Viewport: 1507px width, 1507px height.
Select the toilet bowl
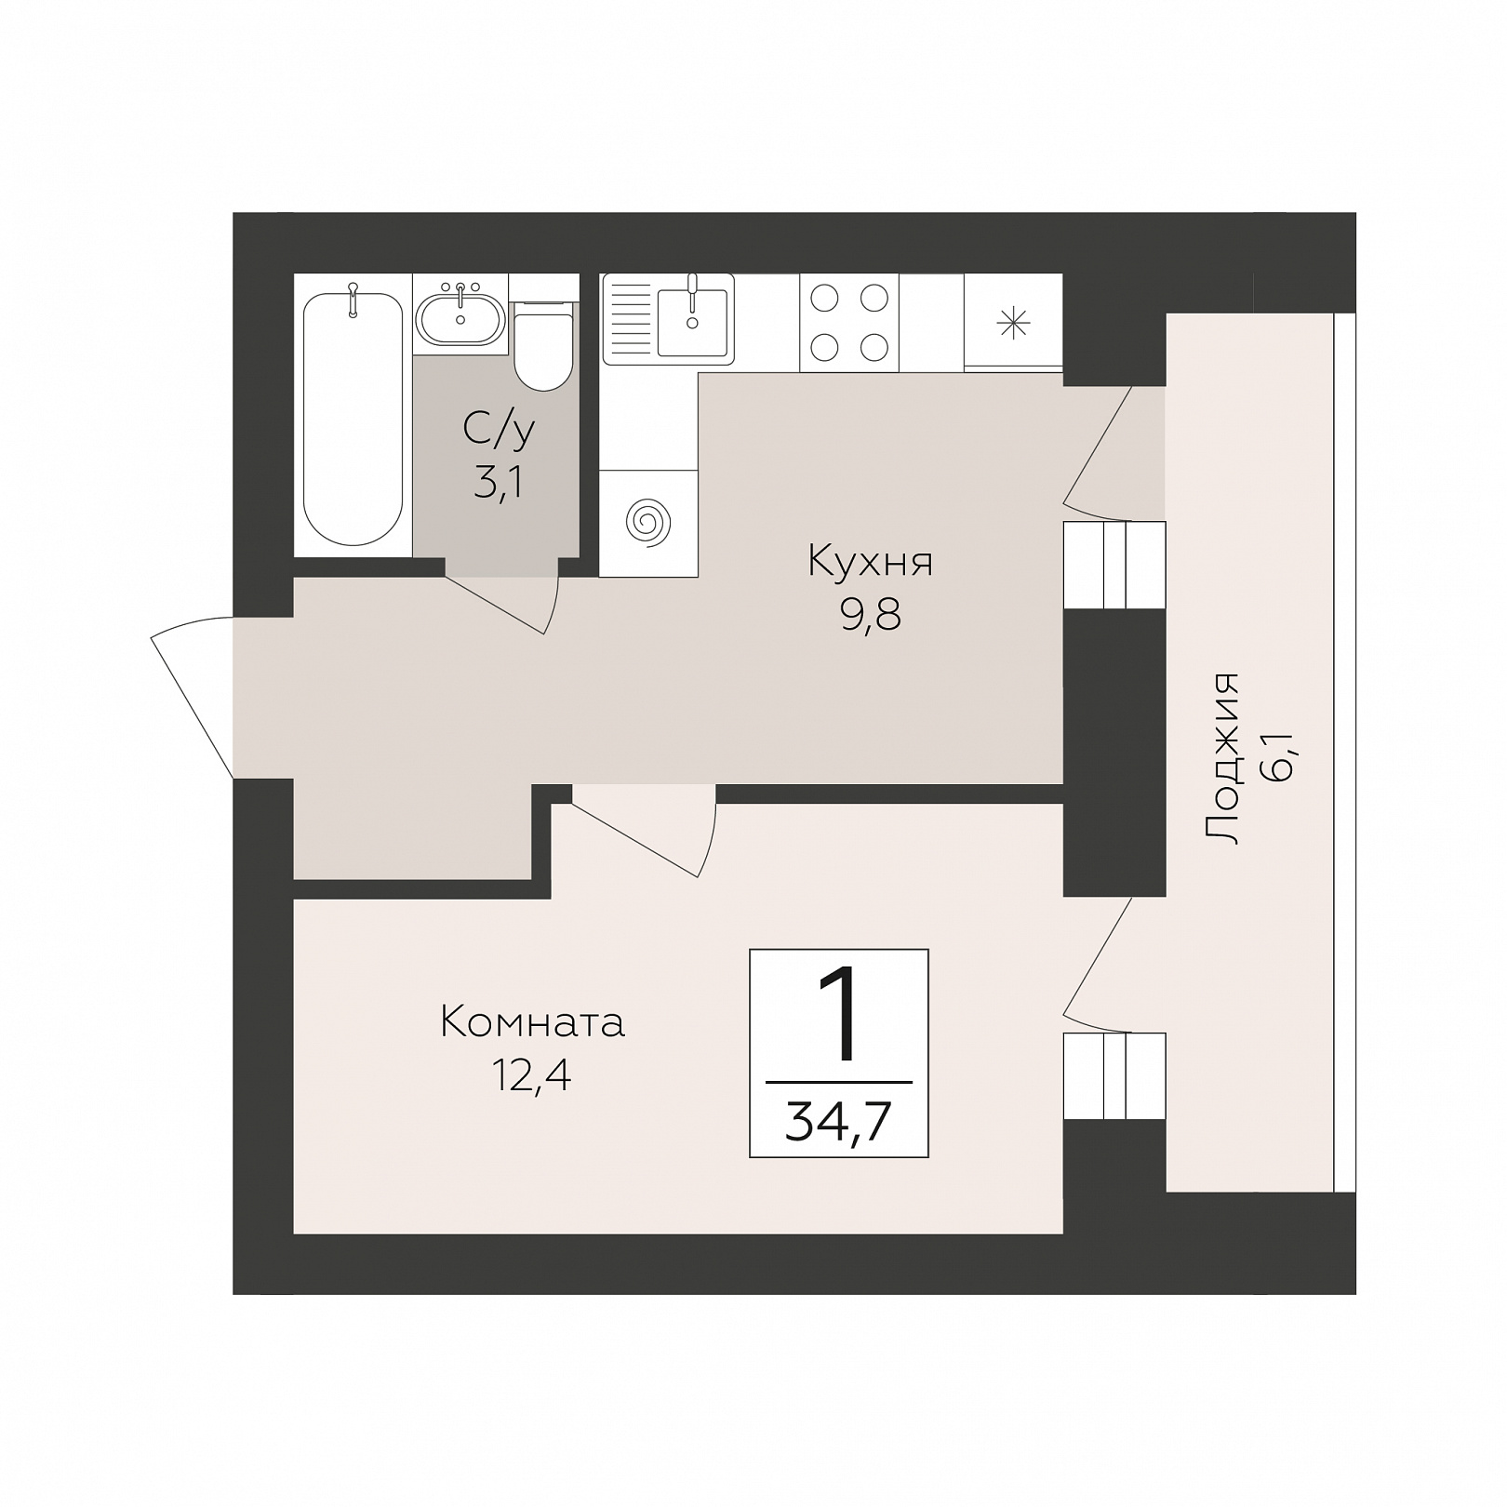point(543,344)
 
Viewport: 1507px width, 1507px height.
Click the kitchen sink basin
point(692,322)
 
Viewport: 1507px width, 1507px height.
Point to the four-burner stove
point(849,322)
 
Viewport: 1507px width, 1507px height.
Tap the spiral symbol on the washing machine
point(648,523)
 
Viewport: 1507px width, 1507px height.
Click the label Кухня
point(870,562)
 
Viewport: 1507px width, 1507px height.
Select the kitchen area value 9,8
point(871,617)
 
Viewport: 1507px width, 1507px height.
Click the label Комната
point(532,1022)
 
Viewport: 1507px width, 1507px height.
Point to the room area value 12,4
point(532,1077)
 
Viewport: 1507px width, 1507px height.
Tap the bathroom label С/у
point(499,430)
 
